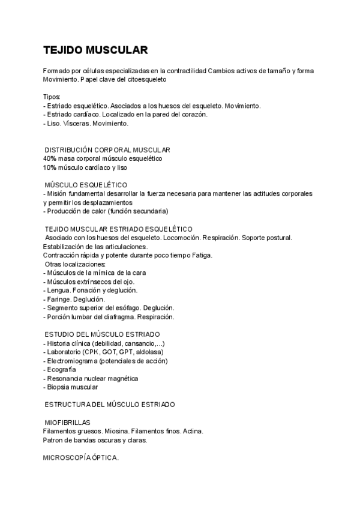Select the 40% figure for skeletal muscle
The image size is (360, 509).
point(49,158)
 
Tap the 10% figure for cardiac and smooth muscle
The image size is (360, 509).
point(49,167)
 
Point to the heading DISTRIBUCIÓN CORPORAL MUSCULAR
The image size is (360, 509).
point(108,149)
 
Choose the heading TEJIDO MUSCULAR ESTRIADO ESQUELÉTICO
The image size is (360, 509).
point(119,229)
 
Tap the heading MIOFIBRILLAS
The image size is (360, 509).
point(67,423)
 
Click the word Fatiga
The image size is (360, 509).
point(202,255)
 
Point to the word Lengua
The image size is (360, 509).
point(58,291)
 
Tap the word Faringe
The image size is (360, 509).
point(59,299)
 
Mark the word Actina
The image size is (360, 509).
point(192,432)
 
